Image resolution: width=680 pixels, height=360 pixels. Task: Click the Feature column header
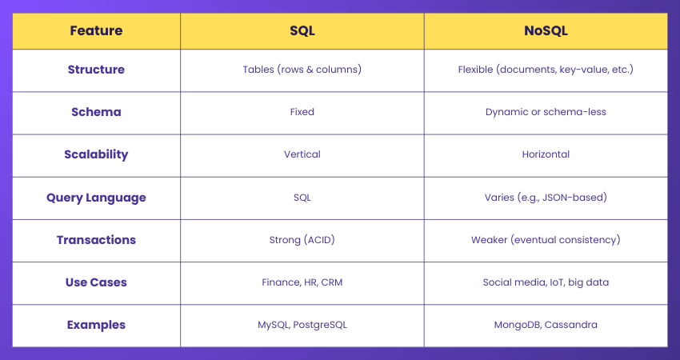(x=96, y=31)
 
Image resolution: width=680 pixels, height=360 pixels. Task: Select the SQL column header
(x=302, y=31)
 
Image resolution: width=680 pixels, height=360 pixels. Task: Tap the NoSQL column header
(x=546, y=31)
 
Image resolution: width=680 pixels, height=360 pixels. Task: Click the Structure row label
(x=96, y=70)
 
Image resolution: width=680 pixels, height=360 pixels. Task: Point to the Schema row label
(x=96, y=112)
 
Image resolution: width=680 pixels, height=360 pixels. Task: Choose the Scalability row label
(x=96, y=154)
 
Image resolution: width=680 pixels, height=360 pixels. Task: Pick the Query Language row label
(x=96, y=198)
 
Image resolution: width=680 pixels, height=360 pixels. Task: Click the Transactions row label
(x=96, y=240)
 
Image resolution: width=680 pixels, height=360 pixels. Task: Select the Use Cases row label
(x=96, y=282)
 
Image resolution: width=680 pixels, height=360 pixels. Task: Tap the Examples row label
(x=96, y=325)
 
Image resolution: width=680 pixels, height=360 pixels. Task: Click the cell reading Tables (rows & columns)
(x=302, y=70)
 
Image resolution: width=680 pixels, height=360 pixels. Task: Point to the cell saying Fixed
(x=302, y=112)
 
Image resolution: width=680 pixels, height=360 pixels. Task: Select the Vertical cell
(x=302, y=154)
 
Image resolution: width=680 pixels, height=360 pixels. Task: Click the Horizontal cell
(x=546, y=154)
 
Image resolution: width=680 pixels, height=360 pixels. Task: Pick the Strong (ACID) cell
(x=302, y=240)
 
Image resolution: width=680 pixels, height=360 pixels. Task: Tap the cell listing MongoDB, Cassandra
(x=546, y=325)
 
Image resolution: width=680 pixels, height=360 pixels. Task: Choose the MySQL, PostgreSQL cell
(x=302, y=325)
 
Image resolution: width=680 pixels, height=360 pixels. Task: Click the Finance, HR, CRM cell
(x=302, y=282)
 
